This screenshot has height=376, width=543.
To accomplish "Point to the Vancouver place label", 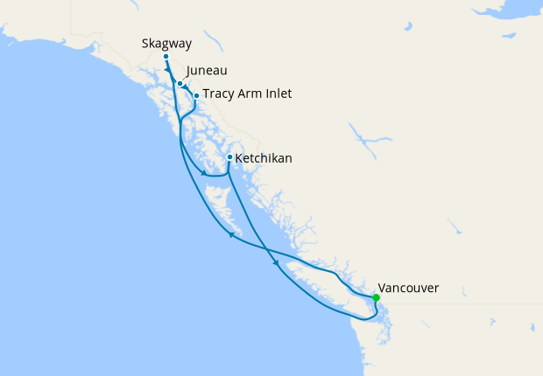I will coord(408,287).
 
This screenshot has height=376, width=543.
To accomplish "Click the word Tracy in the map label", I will coord(219,94).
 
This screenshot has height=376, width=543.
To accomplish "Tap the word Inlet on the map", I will coord(280,94).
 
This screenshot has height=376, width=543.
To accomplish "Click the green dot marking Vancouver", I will coord(376,298).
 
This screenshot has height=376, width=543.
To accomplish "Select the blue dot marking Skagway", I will coord(166,56).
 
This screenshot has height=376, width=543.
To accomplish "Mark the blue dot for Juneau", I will coord(180,84).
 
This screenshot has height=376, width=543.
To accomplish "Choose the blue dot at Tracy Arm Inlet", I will coord(196,95).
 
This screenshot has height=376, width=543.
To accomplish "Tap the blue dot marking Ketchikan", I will coord(229,157).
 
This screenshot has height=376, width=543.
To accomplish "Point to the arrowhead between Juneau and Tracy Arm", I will coord(187,87).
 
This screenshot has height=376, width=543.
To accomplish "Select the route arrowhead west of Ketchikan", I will coord(204,173).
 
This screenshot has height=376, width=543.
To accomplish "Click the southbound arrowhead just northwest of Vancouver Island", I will coord(278,263).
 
